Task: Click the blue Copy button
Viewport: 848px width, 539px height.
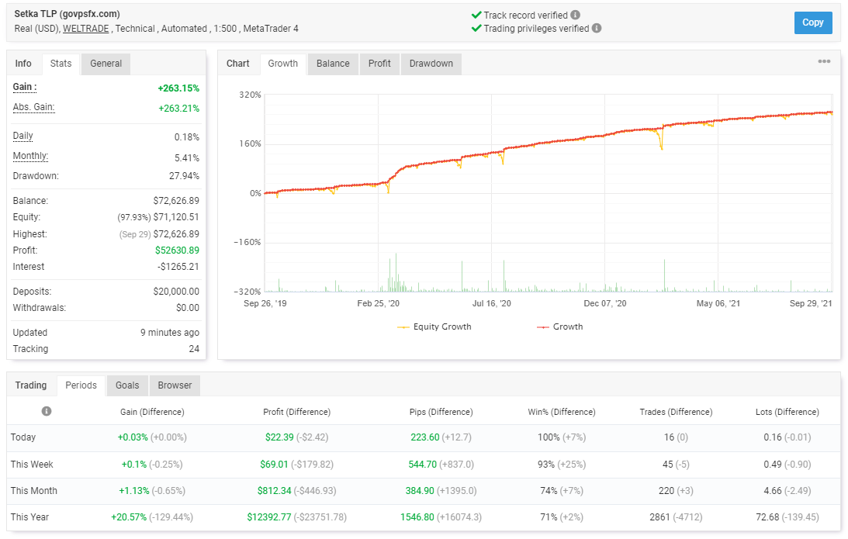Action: (813, 22)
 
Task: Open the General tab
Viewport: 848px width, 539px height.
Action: (106, 64)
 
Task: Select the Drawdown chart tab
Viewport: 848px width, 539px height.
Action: (431, 64)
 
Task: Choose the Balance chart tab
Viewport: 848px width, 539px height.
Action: (333, 64)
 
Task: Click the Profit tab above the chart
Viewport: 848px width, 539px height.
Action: (379, 64)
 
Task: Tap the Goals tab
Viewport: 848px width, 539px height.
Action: (127, 385)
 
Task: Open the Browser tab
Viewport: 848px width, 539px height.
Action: (175, 385)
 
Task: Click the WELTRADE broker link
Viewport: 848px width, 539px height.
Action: (86, 29)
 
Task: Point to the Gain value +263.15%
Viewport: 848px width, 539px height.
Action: (178, 88)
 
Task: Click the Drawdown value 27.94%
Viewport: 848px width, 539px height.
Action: (184, 176)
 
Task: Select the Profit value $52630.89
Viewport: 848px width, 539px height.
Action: (178, 250)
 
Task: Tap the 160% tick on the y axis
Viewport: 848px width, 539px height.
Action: (251, 143)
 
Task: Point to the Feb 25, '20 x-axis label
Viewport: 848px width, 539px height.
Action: (378, 303)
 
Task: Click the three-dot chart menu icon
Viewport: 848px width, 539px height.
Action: (824, 61)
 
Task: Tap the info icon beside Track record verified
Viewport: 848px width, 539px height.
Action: (576, 16)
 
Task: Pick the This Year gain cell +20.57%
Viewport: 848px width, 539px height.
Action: (129, 517)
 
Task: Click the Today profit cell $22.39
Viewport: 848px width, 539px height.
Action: (279, 437)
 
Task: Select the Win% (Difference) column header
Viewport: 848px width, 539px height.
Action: (562, 412)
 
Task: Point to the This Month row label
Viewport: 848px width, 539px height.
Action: (34, 491)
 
